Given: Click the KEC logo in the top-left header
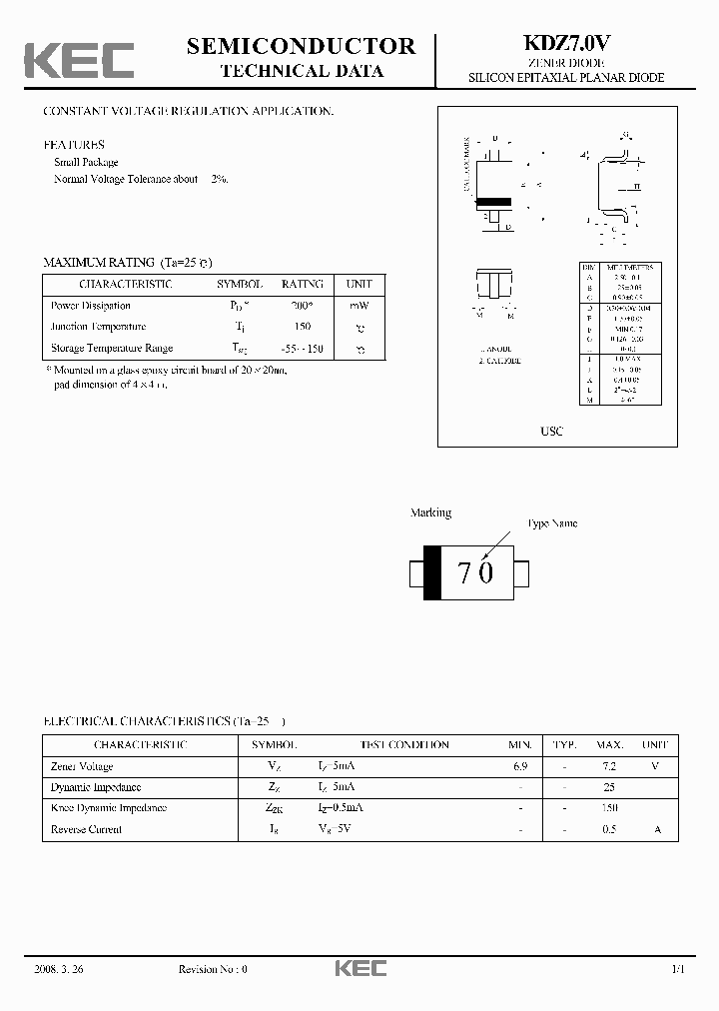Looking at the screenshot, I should click(80, 60).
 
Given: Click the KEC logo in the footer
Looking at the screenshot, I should click(359, 968).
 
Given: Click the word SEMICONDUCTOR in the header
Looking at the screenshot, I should click(301, 46).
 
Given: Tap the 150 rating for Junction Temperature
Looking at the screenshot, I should click(303, 327).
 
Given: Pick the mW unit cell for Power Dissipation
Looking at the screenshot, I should click(359, 306).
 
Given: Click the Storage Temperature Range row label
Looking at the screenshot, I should click(112, 348).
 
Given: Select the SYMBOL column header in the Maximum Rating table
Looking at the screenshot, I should click(241, 284).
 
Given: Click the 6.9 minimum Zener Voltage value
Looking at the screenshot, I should click(519, 766).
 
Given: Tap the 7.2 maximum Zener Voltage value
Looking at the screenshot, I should click(609, 766).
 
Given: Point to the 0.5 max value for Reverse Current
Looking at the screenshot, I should click(609, 829).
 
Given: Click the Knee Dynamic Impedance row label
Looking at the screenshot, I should click(109, 808).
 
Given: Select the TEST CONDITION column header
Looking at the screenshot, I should click(404, 744).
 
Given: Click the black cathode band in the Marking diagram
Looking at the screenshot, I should click(432, 573).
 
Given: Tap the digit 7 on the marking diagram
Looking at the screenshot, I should click(464, 573).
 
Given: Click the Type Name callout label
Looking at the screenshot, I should click(552, 523).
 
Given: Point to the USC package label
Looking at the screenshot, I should click(551, 431).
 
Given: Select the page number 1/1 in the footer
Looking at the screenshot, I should click(678, 969).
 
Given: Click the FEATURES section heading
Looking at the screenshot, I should click(73, 145).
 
